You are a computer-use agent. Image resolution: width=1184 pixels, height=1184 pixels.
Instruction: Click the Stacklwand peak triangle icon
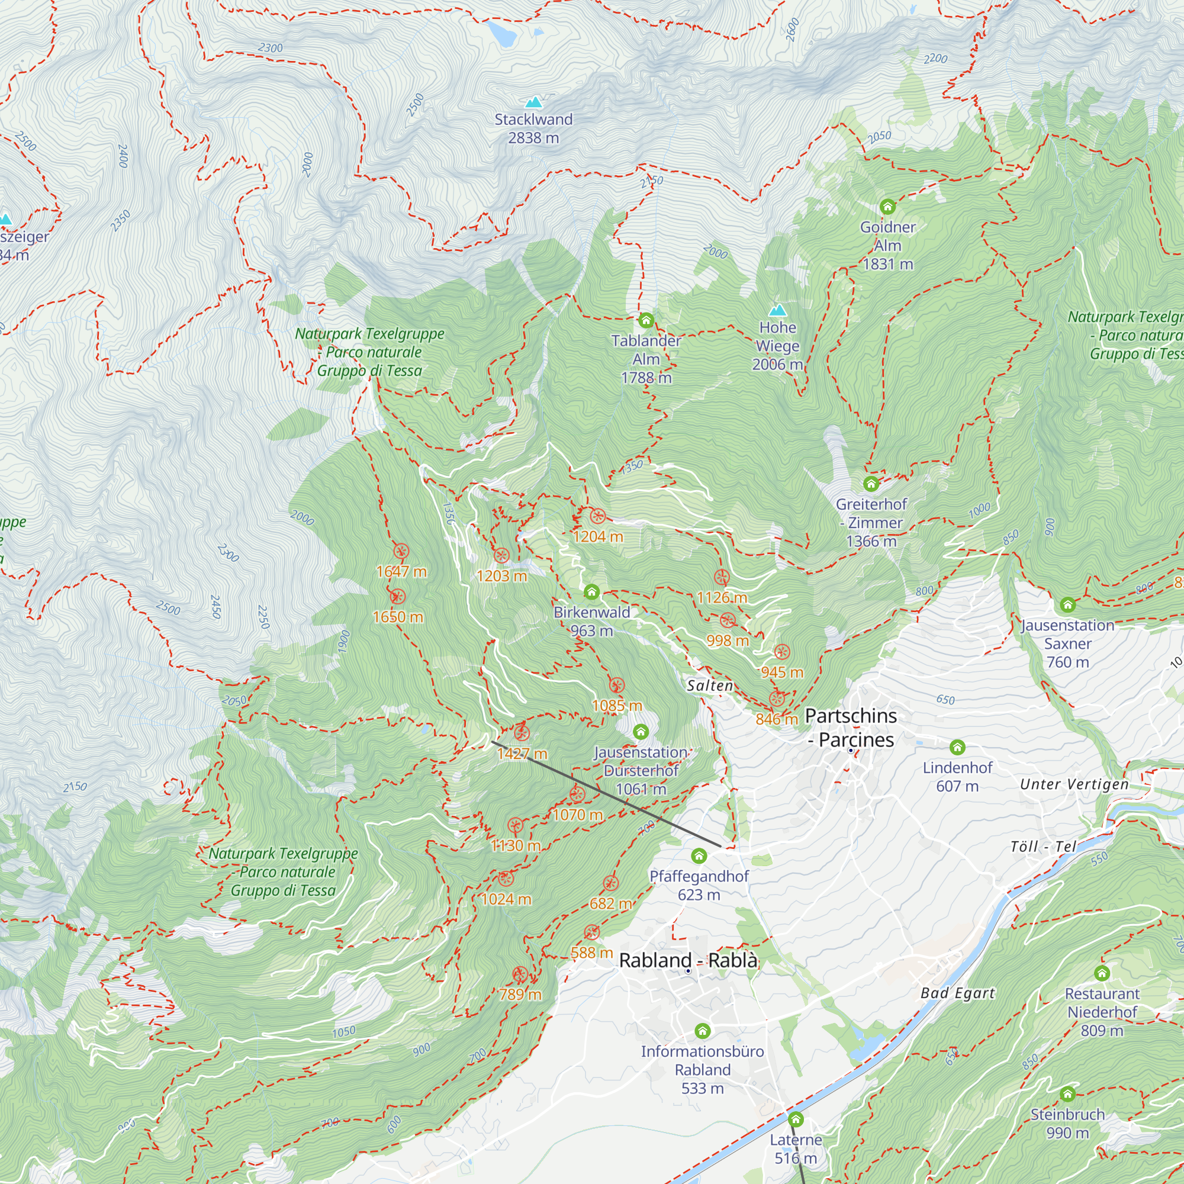tap(535, 102)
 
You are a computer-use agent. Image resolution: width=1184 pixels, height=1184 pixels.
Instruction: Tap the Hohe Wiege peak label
tap(777, 346)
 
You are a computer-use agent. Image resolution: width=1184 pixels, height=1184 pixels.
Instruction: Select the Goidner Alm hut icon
tap(887, 207)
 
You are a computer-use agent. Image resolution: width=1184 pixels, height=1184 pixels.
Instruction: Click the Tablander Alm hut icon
tap(646, 320)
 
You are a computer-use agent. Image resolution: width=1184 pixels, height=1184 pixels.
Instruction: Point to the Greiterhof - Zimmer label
tap(871, 522)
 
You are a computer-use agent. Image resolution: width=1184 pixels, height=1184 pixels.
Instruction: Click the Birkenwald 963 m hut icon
tap(591, 592)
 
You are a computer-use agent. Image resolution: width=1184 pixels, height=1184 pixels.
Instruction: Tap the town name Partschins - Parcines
tap(851, 727)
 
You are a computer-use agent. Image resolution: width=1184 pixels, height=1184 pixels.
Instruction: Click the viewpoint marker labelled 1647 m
tap(401, 551)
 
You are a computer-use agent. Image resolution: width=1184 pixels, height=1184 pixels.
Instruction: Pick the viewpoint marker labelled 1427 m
tap(522, 732)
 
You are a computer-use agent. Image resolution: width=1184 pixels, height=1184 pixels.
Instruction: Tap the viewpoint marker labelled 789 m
tap(520, 974)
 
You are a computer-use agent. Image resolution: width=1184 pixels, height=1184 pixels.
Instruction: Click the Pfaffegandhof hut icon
tap(699, 855)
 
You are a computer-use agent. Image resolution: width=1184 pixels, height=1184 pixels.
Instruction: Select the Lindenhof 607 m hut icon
tap(957, 747)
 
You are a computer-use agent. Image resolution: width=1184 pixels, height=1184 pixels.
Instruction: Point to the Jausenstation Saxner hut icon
tap(1067, 605)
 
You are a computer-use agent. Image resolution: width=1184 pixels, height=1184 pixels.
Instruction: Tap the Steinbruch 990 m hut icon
tap(1067, 1094)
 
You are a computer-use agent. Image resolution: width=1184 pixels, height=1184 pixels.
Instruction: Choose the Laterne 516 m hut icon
tap(796, 1119)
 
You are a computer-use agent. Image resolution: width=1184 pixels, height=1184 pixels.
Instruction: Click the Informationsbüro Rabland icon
tap(702, 1031)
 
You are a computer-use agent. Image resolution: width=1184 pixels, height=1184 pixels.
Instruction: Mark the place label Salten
tap(710, 686)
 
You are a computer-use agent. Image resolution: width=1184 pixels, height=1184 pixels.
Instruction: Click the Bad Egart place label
tap(957, 993)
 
